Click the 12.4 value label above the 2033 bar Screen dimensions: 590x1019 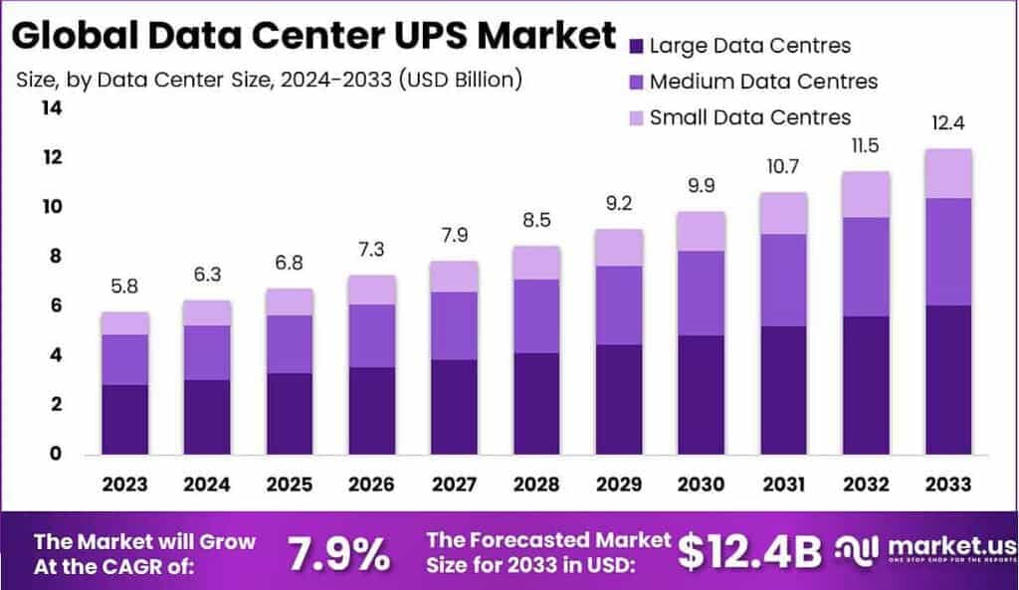947,124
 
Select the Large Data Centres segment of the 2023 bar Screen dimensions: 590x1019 124,419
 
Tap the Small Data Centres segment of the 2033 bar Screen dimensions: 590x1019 947,173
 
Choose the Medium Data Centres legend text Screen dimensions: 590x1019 763,82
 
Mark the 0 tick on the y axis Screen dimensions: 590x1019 56,454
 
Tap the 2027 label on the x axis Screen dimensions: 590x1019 454,485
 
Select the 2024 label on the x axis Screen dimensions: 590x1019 207,485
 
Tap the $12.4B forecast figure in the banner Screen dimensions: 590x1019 750,553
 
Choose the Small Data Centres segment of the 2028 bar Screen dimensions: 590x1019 536,263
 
